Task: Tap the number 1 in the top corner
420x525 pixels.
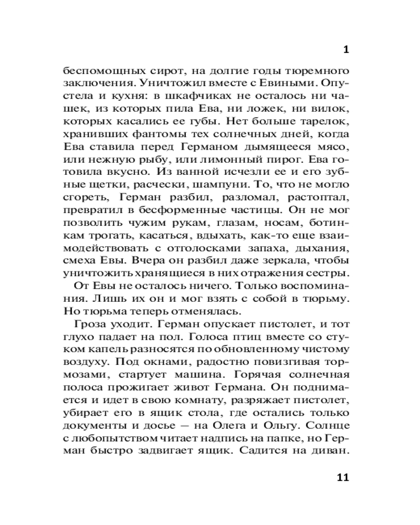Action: point(345,50)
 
